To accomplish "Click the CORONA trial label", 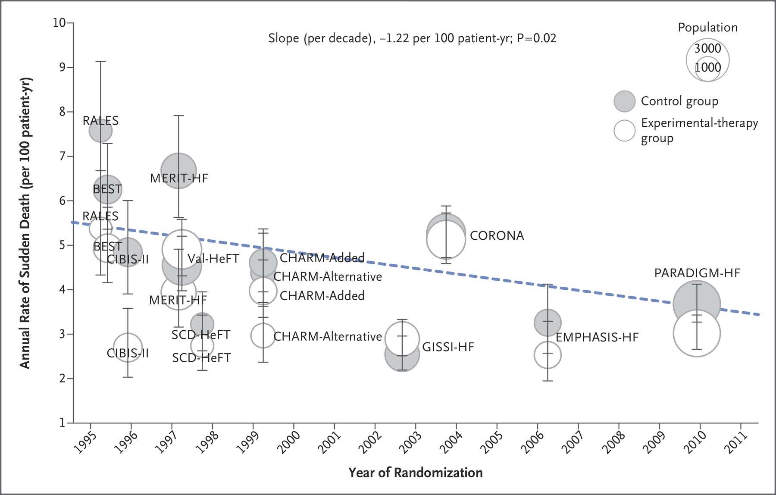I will [x=497, y=235].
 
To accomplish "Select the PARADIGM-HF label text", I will [x=697, y=273].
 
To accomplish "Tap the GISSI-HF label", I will [x=448, y=347].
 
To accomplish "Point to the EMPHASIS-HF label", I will [x=597, y=337].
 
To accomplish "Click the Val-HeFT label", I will [x=213, y=259].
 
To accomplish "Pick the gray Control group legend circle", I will [x=624, y=101].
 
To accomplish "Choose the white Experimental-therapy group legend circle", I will [x=624, y=130].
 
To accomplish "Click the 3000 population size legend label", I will [x=707, y=48].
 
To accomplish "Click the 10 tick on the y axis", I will [x=59, y=22].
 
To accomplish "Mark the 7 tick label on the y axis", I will [x=63, y=156].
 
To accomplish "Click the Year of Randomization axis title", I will [x=416, y=473].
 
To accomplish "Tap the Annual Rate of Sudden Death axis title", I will [x=25, y=223].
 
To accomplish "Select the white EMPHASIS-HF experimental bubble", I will [x=548, y=355].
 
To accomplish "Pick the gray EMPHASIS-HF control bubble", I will [x=548, y=323].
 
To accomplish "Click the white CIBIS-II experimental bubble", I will [x=128, y=348].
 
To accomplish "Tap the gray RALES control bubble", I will [x=100, y=131].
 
